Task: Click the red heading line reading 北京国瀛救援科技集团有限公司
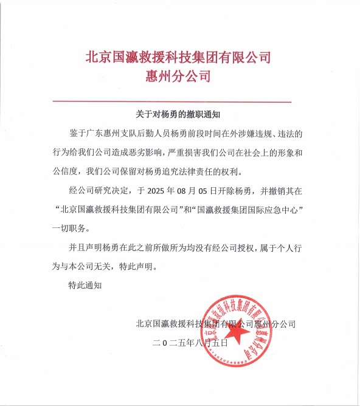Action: pos(178,58)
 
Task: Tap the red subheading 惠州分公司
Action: pos(178,76)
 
